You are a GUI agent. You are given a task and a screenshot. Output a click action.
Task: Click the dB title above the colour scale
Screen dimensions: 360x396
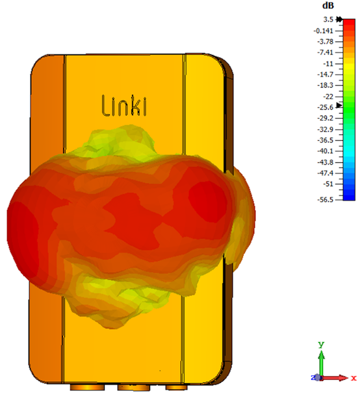coord(328,6)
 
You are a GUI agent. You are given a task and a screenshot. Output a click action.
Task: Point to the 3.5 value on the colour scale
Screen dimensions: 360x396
coord(328,19)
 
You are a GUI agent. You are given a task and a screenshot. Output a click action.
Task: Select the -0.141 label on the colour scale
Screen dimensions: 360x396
coord(324,31)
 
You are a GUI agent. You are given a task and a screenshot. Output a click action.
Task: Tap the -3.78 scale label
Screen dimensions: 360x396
coord(326,42)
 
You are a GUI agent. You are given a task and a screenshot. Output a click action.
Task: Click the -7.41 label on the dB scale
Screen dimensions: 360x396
coord(326,53)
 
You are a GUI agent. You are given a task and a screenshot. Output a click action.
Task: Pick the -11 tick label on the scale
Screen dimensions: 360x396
coord(328,64)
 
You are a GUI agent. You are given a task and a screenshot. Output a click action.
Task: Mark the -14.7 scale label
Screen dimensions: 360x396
coord(326,74)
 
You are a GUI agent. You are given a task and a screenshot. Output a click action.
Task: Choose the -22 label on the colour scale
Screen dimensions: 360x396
coord(328,97)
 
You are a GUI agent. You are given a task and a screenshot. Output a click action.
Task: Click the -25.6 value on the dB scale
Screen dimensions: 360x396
coord(326,107)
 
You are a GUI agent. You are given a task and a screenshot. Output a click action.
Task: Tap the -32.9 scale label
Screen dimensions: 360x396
coord(326,129)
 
